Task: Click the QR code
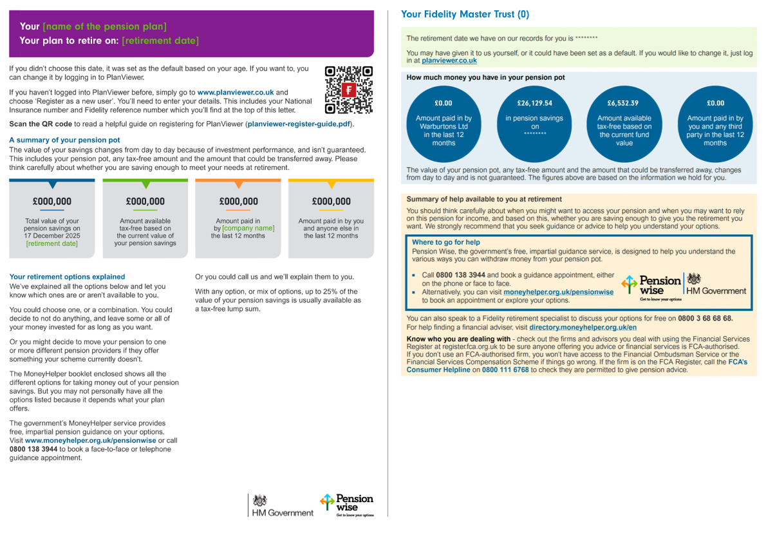349,89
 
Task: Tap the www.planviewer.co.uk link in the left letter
236,92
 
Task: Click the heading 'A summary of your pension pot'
64,140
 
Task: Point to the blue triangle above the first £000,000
53,185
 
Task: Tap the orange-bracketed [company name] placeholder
248,228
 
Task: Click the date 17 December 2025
52,236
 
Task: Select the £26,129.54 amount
534,103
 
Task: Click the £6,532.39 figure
624,103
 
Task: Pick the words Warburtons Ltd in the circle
444,126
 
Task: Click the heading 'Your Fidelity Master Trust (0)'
465,14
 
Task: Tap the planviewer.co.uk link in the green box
449,61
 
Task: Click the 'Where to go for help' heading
446,242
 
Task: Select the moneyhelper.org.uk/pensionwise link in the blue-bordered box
558,292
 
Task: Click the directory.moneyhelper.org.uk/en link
583,327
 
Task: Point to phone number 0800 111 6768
505,370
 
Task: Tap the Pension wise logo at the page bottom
346,505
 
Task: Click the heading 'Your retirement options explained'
68,277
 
